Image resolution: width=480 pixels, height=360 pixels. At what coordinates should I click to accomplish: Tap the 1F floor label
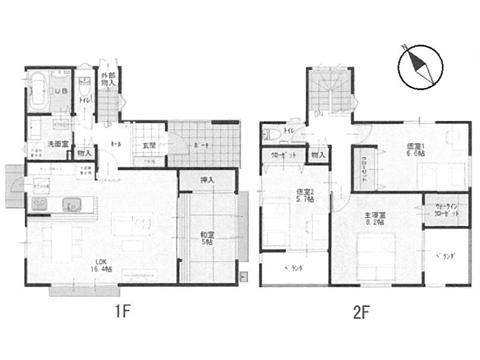pyautogui.click(x=122, y=311)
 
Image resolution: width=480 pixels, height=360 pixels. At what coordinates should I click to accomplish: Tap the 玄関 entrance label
pyautogui.click(x=148, y=146)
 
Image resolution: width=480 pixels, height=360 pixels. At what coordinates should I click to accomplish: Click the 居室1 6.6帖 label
pyautogui.click(x=414, y=150)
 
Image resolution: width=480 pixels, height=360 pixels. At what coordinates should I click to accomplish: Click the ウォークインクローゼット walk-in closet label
pyautogui.click(x=448, y=213)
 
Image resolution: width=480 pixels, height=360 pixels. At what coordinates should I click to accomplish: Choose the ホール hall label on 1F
pyautogui.click(x=117, y=146)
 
